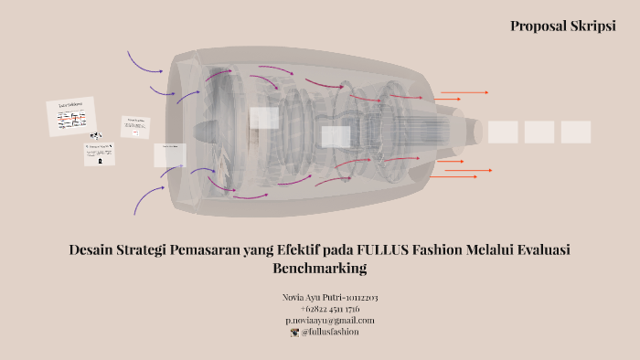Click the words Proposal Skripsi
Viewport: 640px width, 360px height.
(x=562, y=26)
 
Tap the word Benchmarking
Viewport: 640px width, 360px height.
(x=319, y=269)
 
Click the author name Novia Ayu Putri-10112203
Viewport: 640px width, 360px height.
(x=331, y=298)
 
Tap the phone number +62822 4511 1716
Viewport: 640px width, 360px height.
(x=329, y=309)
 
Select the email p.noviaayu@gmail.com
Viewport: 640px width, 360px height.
(x=330, y=320)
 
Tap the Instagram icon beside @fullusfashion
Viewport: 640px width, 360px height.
(x=294, y=332)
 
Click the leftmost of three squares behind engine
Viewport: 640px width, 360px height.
(x=503, y=132)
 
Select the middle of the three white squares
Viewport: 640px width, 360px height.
(x=539, y=132)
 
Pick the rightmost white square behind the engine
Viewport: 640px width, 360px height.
(x=576, y=132)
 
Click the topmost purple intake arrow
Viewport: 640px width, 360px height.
(x=144, y=60)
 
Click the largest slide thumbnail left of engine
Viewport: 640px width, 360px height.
(x=71, y=117)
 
